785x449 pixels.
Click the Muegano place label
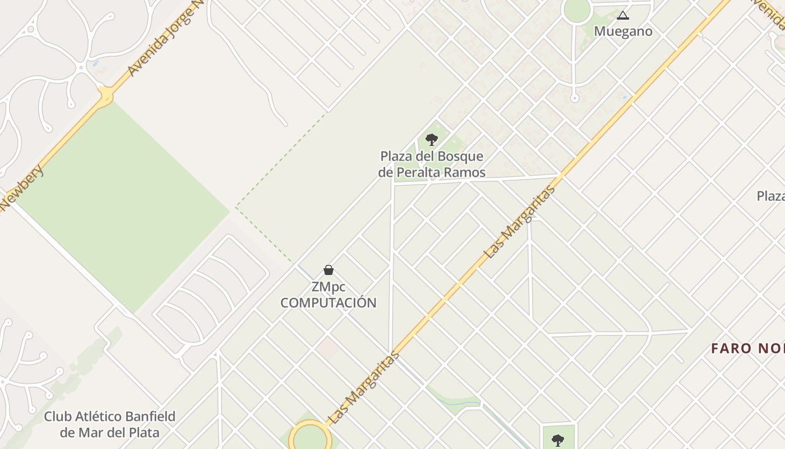pos(623,31)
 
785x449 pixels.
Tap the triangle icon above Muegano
pos(623,15)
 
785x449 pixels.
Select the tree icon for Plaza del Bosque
pos(431,139)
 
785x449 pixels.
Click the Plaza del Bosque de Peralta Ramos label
pos(431,164)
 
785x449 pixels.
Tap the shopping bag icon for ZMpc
pos(329,270)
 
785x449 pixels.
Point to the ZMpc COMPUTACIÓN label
pos(329,295)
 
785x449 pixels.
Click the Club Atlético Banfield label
pos(109,424)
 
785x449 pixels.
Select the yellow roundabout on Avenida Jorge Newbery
pos(105,97)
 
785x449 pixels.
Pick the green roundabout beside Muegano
pos(577,10)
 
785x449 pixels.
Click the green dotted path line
pos(280,161)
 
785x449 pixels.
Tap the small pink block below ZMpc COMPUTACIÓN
pos(326,348)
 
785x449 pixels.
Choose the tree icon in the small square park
pos(557,439)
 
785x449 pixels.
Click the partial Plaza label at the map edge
pos(770,196)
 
